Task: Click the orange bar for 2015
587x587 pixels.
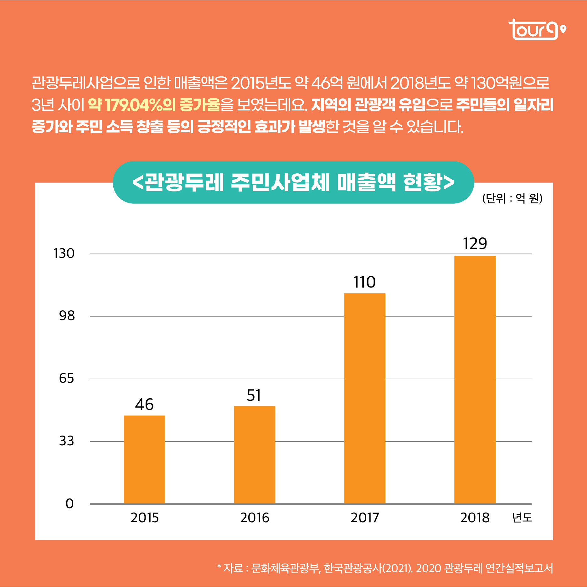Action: [x=144, y=459]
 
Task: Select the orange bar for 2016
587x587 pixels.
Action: [x=255, y=454]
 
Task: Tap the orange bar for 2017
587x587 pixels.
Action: [x=364, y=398]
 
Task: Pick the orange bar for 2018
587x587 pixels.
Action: [x=475, y=379]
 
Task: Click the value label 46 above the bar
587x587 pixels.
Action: [x=144, y=404]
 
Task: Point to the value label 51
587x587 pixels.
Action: [x=254, y=395]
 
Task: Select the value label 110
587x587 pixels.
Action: [x=364, y=282]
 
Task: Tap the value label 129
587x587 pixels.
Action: [x=475, y=243]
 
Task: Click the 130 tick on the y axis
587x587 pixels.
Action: [x=64, y=253]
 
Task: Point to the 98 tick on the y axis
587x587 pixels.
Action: [x=67, y=316]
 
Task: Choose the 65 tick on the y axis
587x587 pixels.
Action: [x=67, y=378]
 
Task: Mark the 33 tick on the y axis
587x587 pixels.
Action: [x=67, y=441]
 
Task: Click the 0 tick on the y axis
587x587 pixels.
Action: [x=70, y=503]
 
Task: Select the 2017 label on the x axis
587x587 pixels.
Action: [x=365, y=518]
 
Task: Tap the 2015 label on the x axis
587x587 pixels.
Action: [x=145, y=518]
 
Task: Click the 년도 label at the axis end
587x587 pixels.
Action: [x=522, y=518]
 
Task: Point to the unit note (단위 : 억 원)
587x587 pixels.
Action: [x=512, y=198]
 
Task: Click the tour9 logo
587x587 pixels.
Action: [x=537, y=30]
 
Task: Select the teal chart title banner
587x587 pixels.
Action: [x=293, y=182]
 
